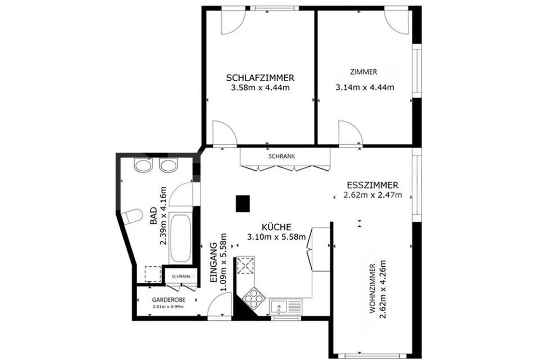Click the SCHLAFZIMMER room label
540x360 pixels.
coord(260,78)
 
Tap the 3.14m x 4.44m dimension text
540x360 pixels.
coord(364,87)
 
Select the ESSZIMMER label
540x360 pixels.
coord(372,185)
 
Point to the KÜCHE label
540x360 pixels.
coord(276,227)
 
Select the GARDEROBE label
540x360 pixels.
coord(168,300)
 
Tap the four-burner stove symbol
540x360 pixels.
coord(252,297)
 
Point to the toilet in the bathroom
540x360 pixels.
coord(132,217)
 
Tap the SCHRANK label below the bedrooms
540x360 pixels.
coord(282,156)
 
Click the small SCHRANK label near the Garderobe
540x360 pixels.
coord(181,276)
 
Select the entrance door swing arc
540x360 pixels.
coord(220,305)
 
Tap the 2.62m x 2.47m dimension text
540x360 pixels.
coord(372,195)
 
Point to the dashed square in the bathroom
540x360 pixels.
coord(153,274)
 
